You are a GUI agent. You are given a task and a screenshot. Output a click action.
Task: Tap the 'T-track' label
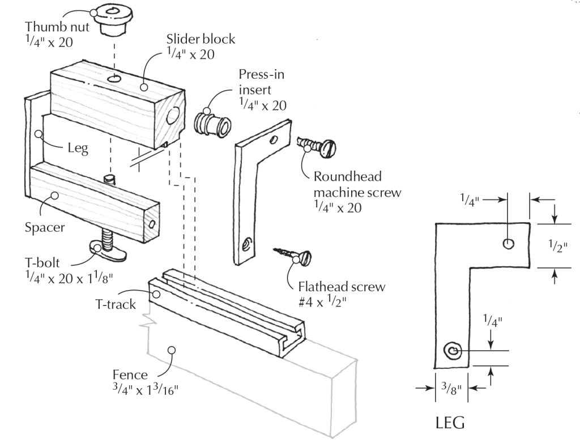[x=115, y=304]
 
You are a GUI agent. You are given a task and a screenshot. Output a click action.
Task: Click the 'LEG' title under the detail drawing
[x=450, y=423]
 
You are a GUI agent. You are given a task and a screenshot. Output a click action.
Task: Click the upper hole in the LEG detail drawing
[x=508, y=243]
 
